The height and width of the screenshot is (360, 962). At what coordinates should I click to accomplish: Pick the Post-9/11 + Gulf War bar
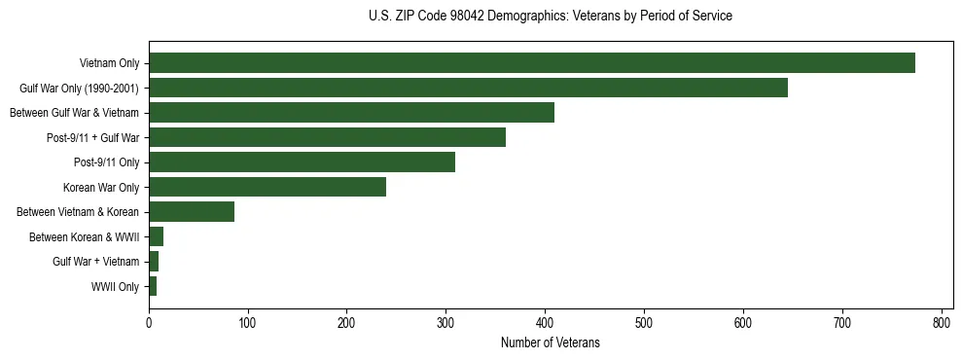(327, 137)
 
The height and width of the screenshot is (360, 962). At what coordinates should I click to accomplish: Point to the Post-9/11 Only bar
(302, 162)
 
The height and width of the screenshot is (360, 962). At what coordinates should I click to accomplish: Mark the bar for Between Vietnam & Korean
(192, 212)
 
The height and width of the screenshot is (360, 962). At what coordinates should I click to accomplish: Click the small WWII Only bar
(153, 286)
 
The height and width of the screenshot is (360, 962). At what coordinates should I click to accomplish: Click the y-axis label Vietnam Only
(109, 64)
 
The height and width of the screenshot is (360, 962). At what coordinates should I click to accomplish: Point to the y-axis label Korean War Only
(101, 187)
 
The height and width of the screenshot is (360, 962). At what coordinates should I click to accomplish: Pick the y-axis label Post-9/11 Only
(106, 162)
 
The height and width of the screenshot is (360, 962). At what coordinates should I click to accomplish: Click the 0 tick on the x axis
(149, 322)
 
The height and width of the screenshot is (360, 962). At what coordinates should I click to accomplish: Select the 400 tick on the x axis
(545, 322)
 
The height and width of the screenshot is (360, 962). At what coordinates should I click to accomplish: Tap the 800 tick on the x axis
(942, 322)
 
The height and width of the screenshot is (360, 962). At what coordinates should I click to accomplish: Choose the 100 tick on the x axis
(248, 322)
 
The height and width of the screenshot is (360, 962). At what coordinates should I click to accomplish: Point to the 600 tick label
(743, 322)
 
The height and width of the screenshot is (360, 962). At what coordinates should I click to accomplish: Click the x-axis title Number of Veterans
(550, 343)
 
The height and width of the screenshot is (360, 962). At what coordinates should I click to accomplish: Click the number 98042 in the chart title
(457, 17)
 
